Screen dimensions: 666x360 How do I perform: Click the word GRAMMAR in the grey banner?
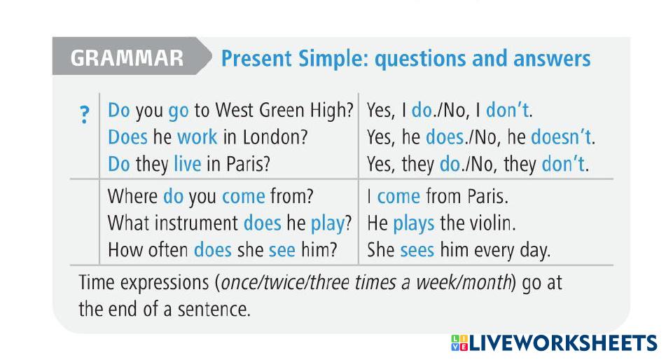tap(127, 58)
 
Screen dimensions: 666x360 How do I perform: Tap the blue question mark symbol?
tap(85, 114)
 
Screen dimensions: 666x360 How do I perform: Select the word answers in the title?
tap(552, 59)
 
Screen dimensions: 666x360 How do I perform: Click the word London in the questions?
tap(275, 137)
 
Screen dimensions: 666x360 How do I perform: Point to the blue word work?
tap(197, 137)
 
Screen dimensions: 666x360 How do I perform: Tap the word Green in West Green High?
tap(282, 110)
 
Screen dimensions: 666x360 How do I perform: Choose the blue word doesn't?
tap(561, 137)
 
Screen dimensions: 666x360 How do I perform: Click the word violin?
tap(492, 223)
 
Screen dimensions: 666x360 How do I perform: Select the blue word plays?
tap(413, 224)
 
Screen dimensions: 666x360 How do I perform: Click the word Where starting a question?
tap(132, 196)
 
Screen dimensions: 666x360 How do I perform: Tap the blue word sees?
tap(417, 250)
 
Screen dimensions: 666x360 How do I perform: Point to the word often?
tap(168, 249)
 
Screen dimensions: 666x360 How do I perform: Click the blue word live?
tap(187, 164)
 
